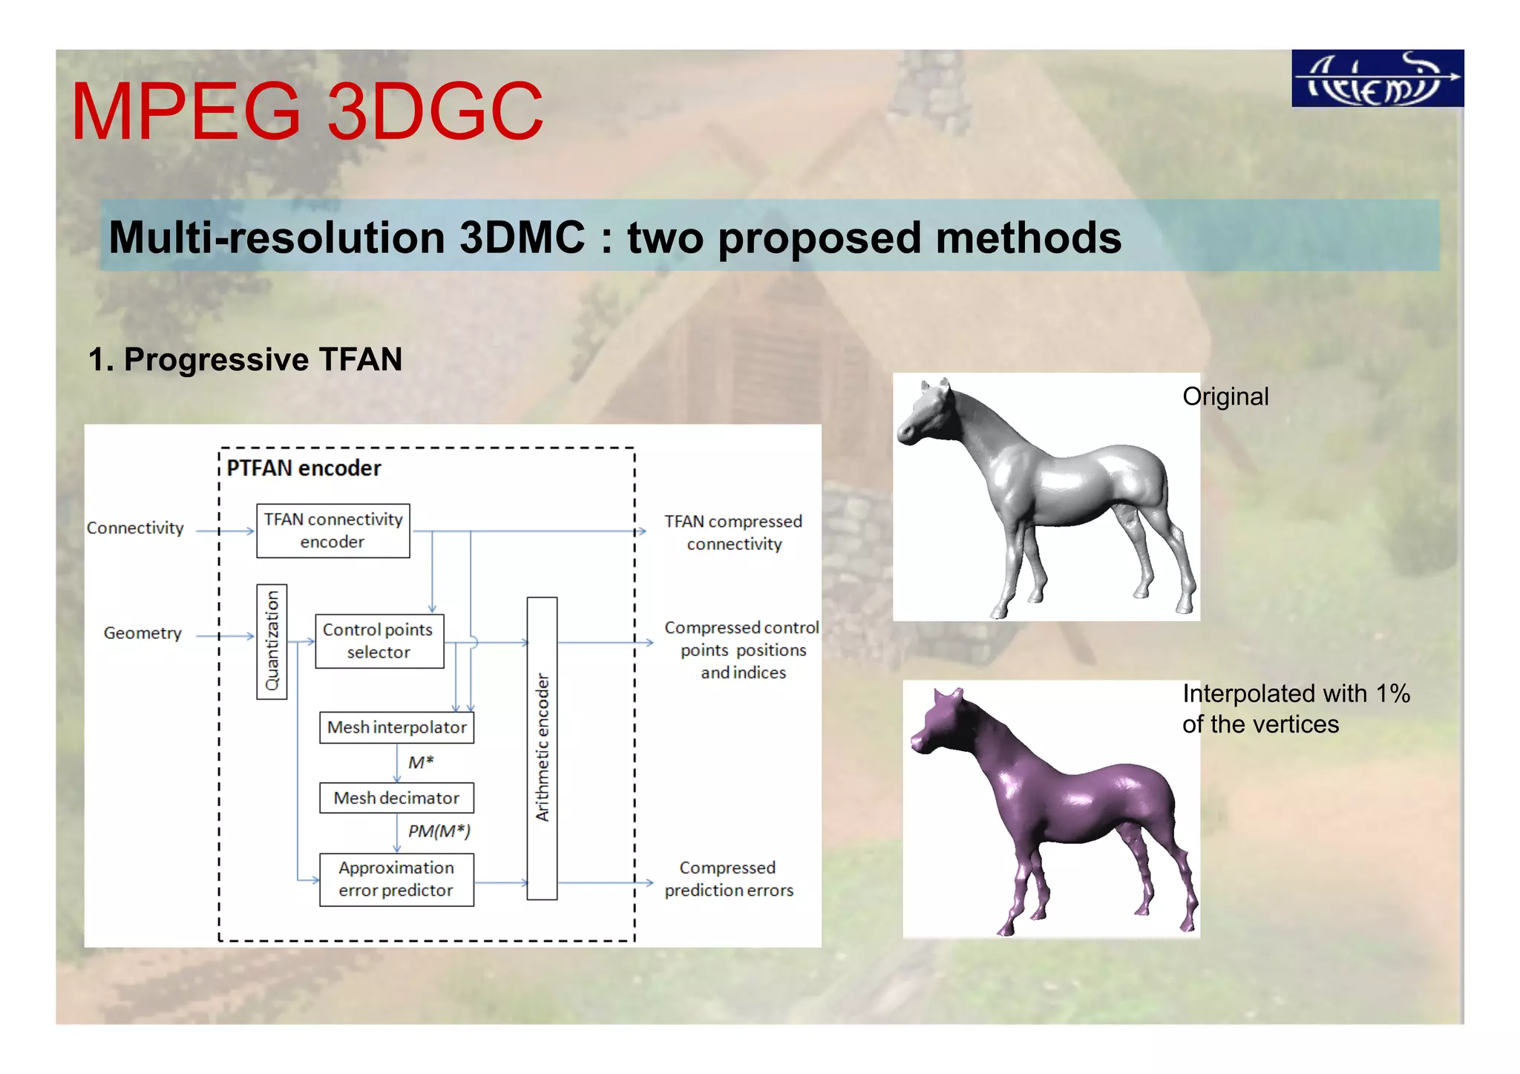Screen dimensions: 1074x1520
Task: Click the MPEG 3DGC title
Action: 307,111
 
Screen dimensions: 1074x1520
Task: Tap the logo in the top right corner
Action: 1377,79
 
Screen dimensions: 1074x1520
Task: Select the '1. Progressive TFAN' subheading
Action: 245,359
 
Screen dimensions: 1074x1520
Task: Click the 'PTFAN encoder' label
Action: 304,468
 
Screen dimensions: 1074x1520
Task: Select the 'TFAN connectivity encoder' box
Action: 333,531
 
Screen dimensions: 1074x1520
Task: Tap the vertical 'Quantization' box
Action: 272,641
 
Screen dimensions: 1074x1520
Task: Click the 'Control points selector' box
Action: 379,641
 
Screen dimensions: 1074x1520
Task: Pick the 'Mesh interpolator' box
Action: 396,727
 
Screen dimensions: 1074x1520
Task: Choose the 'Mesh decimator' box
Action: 396,798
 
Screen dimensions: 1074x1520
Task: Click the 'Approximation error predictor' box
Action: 396,880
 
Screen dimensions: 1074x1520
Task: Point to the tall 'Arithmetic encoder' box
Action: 542,748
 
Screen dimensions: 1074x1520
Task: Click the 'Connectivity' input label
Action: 135,528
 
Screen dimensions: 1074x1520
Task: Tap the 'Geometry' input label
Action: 142,633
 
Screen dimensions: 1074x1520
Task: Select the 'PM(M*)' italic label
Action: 439,831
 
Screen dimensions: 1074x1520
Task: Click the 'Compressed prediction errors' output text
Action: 729,879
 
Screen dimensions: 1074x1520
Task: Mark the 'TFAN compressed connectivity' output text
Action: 733,533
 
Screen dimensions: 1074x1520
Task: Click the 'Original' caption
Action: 1225,396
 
